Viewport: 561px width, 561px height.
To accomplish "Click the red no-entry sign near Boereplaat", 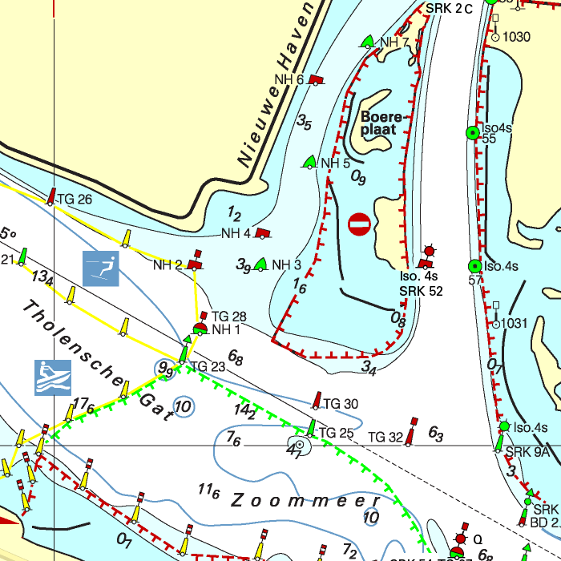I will [x=360, y=225].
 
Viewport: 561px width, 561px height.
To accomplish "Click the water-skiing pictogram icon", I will [x=101, y=268].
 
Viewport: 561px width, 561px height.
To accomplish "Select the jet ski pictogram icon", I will [x=53, y=377].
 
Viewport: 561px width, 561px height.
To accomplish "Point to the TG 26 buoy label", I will [x=75, y=200].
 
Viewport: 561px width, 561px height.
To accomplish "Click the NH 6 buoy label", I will [x=289, y=79].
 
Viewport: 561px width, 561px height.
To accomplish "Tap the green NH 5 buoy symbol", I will [x=309, y=163].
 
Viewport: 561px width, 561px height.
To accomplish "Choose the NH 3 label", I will [x=286, y=265].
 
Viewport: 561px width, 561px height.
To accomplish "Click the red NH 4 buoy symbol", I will [x=263, y=233].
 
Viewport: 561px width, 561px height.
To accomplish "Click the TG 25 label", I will [x=336, y=434].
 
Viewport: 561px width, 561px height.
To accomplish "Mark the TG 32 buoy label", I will [x=385, y=437].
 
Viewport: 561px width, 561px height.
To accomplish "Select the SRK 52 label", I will [x=421, y=291].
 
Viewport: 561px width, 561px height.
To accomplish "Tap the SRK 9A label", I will [x=527, y=452].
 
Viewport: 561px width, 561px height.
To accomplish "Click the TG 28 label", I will [x=228, y=317].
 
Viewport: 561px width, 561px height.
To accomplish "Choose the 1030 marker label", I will [x=517, y=37].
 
